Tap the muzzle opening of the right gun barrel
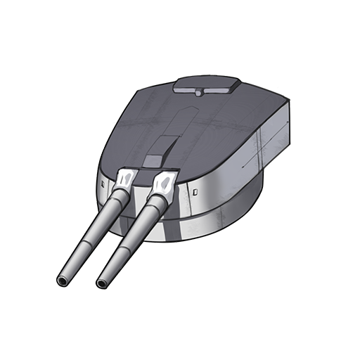[103, 283]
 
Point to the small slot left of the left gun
[103, 184]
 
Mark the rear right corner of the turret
[288, 105]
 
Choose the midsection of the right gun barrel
[129, 236]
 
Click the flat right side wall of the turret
[274, 148]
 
